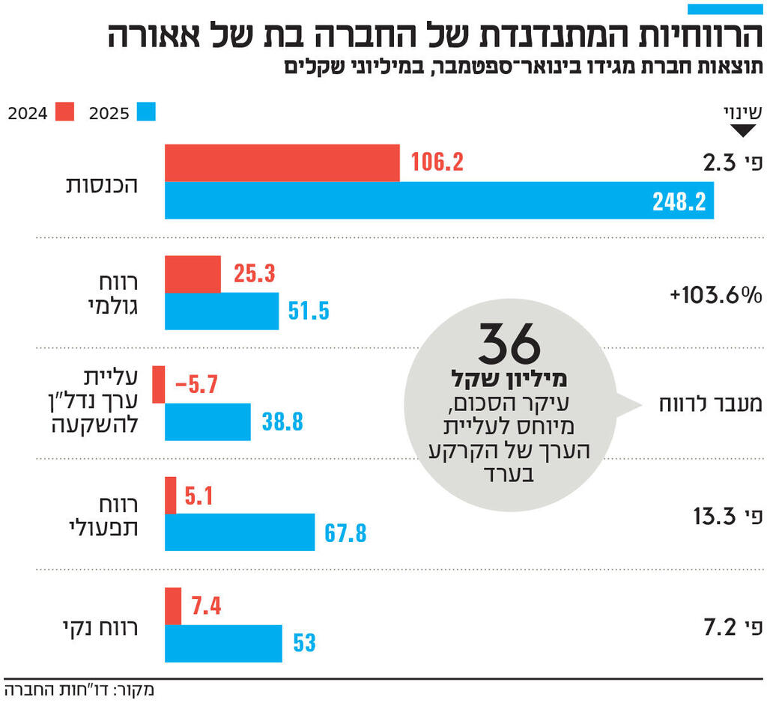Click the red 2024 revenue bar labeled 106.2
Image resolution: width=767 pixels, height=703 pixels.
click(x=282, y=162)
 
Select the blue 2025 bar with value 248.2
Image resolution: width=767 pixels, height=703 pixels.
click(x=439, y=200)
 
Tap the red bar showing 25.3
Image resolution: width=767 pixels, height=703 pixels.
click(x=192, y=274)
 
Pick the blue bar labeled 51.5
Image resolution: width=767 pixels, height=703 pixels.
click(x=222, y=311)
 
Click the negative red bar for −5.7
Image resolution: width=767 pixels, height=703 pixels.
click(x=159, y=385)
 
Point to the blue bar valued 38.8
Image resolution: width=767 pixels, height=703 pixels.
click(x=207, y=422)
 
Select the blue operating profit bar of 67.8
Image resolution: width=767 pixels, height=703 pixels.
click(x=240, y=532)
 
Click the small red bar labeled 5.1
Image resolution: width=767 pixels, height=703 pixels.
click(x=171, y=495)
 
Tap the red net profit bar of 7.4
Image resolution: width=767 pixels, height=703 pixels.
click(x=173, y=606)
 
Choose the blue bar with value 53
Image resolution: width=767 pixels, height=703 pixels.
click(x=223, y=643)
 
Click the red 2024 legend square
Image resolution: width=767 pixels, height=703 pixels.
click(x=64, y=112)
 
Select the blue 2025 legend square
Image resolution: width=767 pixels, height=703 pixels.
click(x=145, y=112)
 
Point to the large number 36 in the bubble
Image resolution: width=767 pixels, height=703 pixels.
click(x=509, y=344)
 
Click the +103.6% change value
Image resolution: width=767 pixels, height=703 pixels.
click(x=716, y=295)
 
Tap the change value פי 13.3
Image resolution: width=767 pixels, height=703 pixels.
click(x=725, y=517)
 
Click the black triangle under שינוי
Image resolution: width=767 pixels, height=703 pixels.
click(x=742, y=131)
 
